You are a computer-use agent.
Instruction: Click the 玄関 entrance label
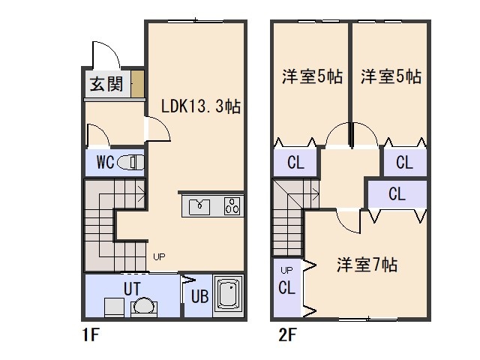[107, 84]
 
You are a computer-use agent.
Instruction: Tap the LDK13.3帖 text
[201, 106]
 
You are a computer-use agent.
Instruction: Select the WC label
[105, 161]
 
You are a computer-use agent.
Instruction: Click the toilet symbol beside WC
[131, 161]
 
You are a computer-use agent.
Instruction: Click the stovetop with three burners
[232, 206]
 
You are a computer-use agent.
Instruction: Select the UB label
[199, 295]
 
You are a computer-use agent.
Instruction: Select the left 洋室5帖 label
[313, 76]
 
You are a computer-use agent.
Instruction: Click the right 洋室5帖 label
[390, 76]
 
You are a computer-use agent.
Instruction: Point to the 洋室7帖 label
[367, 265]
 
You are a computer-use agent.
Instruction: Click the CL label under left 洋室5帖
[295, 163]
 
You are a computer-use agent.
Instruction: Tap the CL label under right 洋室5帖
[404, 162]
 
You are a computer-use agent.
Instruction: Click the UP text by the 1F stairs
[159, 257]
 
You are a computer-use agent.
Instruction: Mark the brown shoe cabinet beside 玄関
[137, 84]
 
